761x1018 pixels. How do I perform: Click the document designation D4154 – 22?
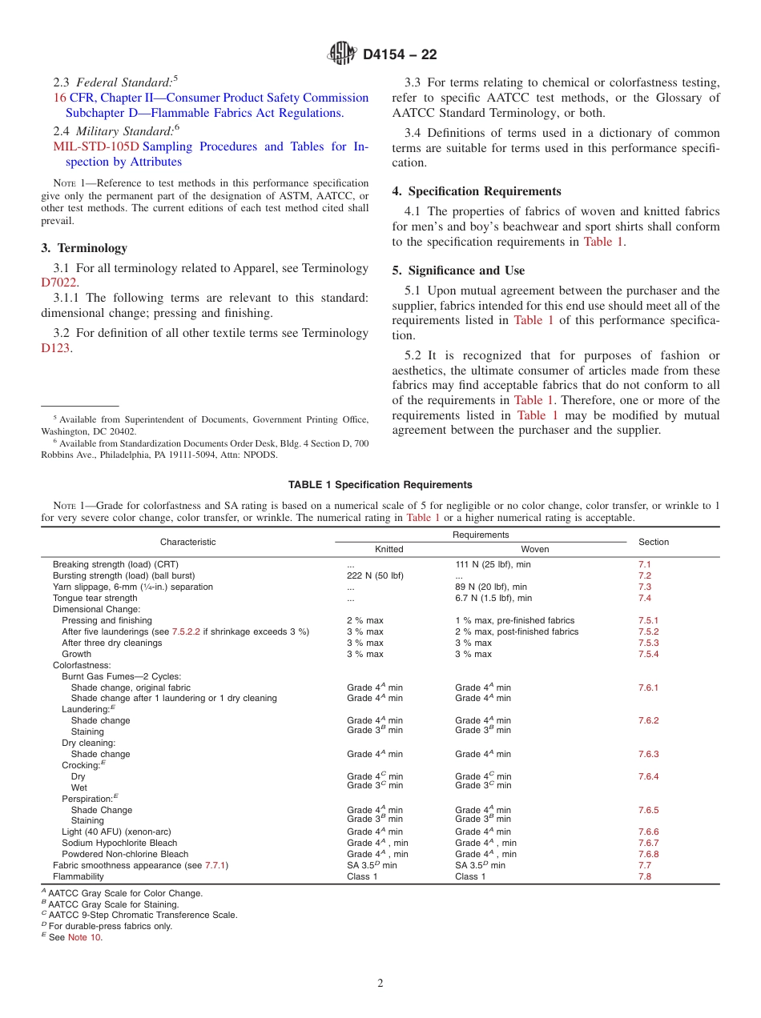pyautogui.click(x=399, y=55)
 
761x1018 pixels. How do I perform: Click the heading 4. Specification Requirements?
pyautogui.click(x=477, y=191)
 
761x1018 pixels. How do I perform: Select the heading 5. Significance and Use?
pyautogui.click(x=458, y=271)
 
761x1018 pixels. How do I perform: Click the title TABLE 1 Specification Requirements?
pyautogui.click(x=380, y=485)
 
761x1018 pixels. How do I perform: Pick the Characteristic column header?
pyautogui.click(x=187, y=542)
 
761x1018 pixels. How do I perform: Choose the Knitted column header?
pyautogui.click(x=389, y=549)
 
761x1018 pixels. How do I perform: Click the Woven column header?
pyautogui.click(x=535, y=549)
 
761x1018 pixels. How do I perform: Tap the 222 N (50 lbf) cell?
pyautogui.click(x=375, y=575)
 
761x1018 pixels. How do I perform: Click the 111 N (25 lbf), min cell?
pyautogui.click(x=493, y=564)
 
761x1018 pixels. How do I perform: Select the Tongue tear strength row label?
pyautogui.click(x=95, y=598)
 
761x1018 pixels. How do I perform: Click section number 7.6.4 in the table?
pyautogui.click(x=648, y=776)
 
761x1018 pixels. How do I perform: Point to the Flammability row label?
pyautogui.click(x=79, y=876)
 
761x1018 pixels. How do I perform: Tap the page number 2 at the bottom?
pyautogui.click(x=380, y=984)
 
